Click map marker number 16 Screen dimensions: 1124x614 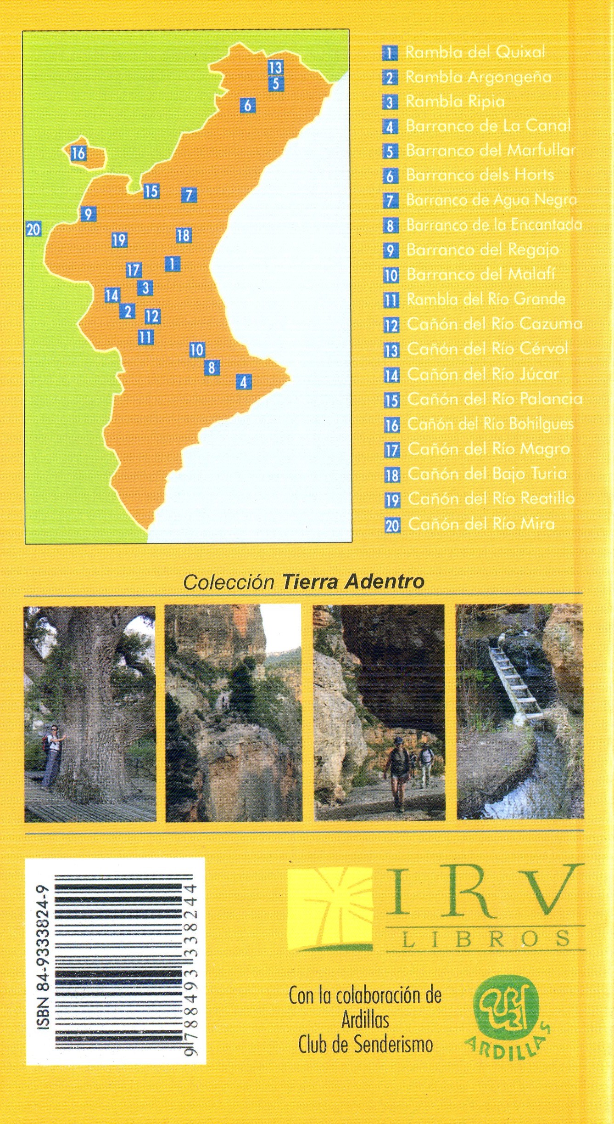tap(78, 153)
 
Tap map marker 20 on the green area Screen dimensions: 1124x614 tap(33, 229)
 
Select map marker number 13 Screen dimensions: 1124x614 tap(275, 68)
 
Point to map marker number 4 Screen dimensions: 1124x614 tap(243, 382)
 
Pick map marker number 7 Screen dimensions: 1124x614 tap(189, 195)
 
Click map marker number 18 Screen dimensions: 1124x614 tap(183, 236)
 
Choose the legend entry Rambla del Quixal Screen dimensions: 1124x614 tap(475, 52)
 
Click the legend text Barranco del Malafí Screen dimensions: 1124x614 tap(480, 275)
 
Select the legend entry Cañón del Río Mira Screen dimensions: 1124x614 tap(481, 524)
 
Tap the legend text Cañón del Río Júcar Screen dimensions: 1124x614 tap(482, 374)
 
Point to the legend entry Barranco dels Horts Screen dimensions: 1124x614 tap(480, 175)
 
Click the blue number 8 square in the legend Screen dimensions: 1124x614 tap(390, 226)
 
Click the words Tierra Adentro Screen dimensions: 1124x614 tap(352, 582)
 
